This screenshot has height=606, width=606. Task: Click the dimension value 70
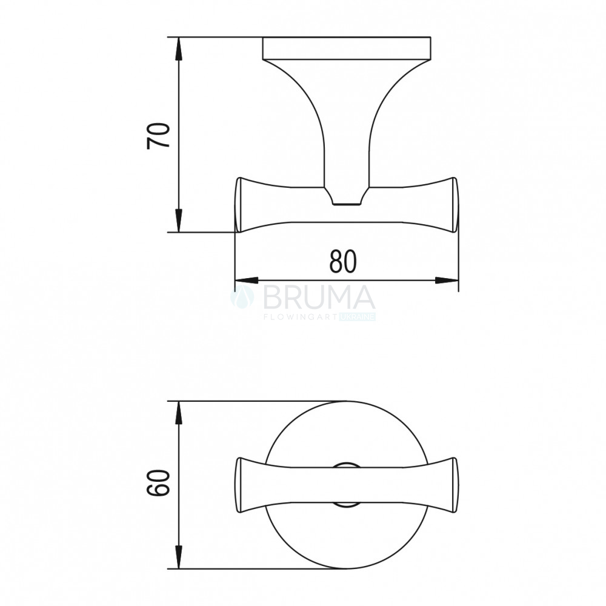click(158, 136)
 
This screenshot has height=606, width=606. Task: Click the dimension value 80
click(343, 262)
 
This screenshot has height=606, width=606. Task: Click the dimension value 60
click(158, 483)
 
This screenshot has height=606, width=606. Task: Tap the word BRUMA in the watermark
click(319, 298)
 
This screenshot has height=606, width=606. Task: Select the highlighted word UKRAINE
click(357, 318)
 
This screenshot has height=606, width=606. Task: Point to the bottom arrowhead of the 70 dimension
click(178, 221)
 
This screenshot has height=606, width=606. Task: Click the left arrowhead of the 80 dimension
click(247, 281)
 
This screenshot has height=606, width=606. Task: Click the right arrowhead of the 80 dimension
click(447, 281)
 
